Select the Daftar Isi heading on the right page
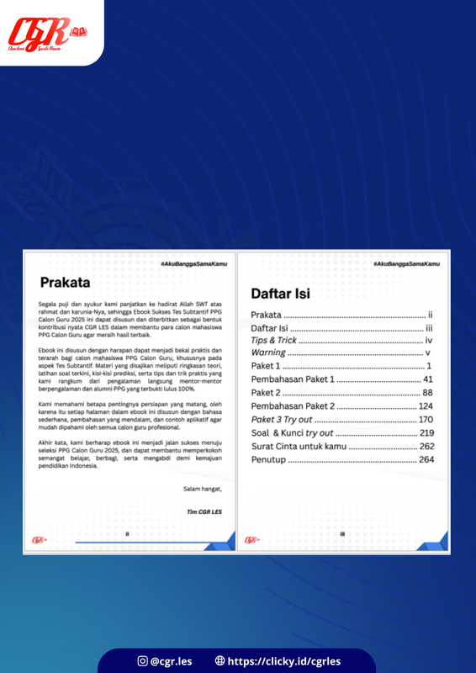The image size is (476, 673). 281,294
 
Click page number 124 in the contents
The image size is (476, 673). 425,406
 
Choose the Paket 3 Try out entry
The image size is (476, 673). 281,420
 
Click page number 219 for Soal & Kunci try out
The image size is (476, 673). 425,432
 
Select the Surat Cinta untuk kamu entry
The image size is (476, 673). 299,446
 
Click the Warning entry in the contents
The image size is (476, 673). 268,353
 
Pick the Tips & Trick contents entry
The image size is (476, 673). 274,340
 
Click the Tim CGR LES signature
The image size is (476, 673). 208,511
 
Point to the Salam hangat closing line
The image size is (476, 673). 205,488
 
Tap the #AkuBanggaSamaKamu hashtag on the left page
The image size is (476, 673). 193,264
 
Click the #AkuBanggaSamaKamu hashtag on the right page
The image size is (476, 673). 406,264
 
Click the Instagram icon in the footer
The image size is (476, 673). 142,661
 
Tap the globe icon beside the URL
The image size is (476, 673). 219,661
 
